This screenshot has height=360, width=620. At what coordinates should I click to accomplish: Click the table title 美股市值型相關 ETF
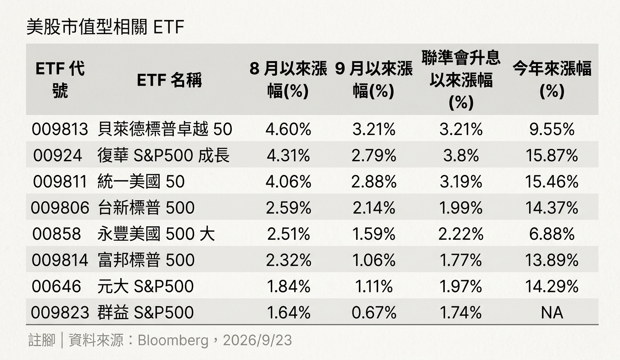(105, 27)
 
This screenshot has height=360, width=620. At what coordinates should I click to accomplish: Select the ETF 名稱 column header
(169, 80)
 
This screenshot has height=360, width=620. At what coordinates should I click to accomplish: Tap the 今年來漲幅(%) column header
(552, 80)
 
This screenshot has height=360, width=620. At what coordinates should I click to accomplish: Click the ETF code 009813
(60, 129)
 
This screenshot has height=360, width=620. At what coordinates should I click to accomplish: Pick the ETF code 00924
(57, 155)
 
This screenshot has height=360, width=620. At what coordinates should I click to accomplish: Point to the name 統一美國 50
(141, 182)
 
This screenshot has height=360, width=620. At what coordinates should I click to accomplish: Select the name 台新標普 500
(146, 208)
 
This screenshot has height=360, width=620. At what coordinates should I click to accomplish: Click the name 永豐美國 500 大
(156, 234)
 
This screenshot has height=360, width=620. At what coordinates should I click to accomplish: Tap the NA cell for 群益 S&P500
(552, 313)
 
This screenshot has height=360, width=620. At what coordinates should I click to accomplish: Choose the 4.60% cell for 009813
(288, 129)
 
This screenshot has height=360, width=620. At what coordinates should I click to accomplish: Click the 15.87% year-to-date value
(552, 155)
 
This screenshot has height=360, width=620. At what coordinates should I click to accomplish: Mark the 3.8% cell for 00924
(461, 155)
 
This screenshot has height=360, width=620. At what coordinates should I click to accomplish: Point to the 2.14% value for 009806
(374, 208)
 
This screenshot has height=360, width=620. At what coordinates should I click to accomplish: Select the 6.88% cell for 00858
(552, 234)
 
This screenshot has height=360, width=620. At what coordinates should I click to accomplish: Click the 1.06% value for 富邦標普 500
(374, 260)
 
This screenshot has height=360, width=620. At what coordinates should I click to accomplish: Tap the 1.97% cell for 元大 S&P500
(461, 287)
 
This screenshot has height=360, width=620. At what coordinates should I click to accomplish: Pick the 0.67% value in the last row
(374, 313)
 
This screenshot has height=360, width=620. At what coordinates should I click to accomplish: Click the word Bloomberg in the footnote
(173, 341)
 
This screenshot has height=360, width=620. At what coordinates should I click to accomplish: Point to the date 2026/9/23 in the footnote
(257, 340)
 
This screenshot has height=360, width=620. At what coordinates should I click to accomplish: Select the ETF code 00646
(56, 287)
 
